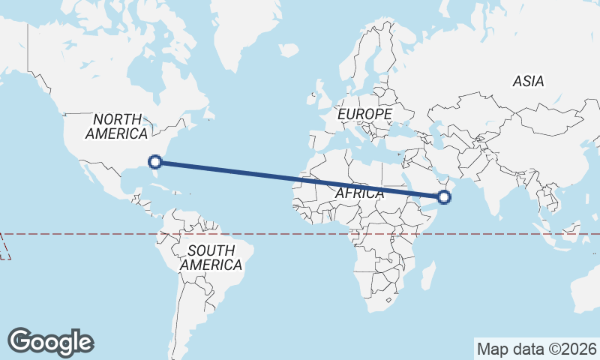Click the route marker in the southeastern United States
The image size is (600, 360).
pos(155,161)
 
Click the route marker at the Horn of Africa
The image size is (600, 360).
pos(444,197)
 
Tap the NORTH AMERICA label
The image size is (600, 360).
pos(116,127)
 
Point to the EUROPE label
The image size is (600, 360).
pos(364,114)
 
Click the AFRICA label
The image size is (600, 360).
pos(359,193)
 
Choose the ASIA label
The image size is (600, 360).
pos(529,82)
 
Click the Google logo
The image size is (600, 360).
pos(50,341)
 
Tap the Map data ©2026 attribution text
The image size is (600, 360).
pos(537,349)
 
